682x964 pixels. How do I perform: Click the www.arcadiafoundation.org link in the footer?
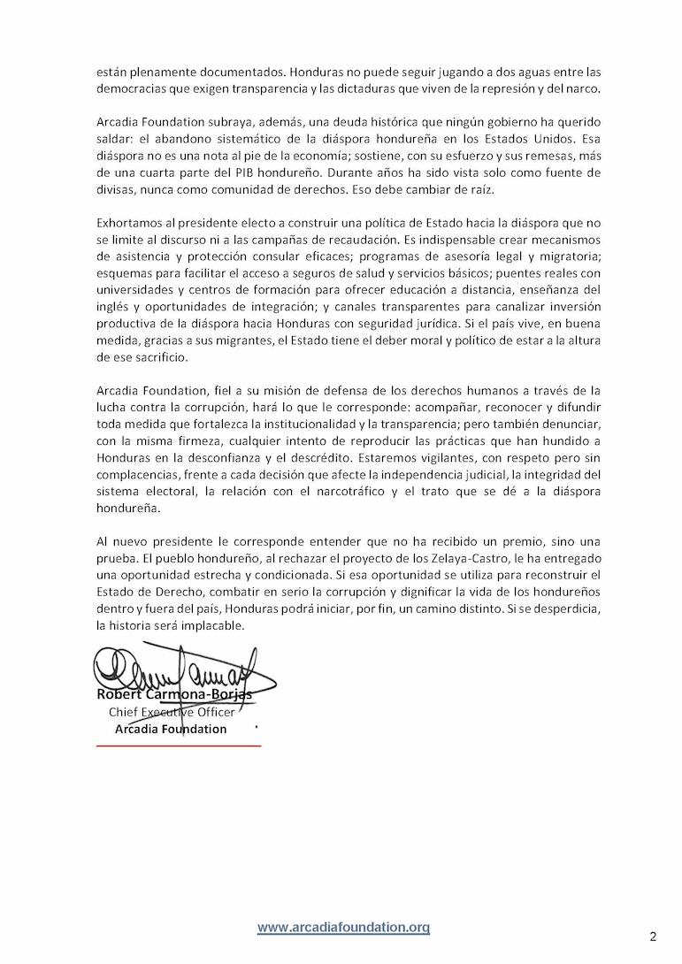(x=343, y=927)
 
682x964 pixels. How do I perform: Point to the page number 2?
(x=653, y=936)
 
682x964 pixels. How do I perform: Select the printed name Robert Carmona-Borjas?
(x=173, y=694)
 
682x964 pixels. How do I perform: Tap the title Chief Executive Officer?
(x=172, y=712)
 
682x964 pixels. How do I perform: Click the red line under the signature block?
(x=179, y=746)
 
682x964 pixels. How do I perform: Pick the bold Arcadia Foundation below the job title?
(x=171, y=730)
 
